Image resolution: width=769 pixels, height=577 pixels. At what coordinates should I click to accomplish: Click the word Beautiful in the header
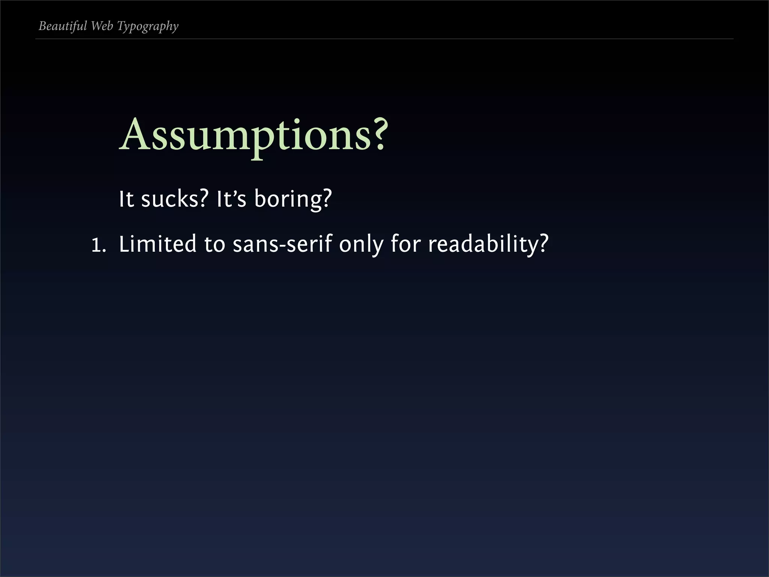pos(63,26)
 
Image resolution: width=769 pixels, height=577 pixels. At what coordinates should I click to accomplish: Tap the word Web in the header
pos(102,26)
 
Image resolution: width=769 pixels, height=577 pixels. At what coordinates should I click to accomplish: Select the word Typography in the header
pos(148,27)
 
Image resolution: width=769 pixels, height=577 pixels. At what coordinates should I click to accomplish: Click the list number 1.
pos(97,245)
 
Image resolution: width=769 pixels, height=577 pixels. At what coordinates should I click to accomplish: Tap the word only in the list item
pos(361,244)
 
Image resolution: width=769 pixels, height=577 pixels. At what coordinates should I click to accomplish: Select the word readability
pos(483,244)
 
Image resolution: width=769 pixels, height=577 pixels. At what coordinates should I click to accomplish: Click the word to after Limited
pos(214,244)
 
